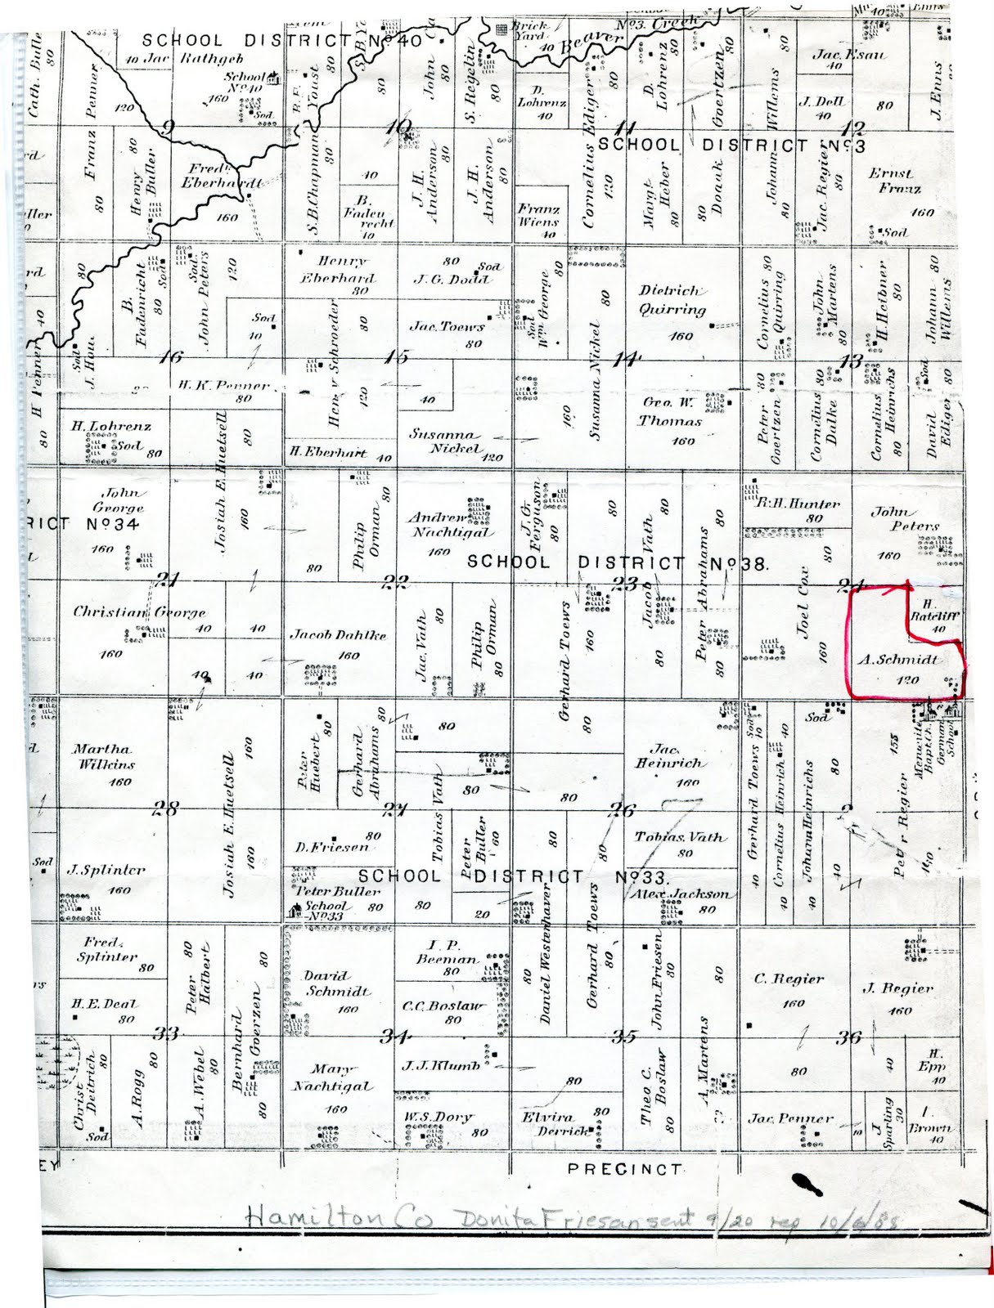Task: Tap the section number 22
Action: pos(395,581)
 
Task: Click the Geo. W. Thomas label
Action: pos(670,412)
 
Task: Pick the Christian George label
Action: pos(139,611)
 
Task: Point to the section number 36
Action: pos(848,1037)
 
